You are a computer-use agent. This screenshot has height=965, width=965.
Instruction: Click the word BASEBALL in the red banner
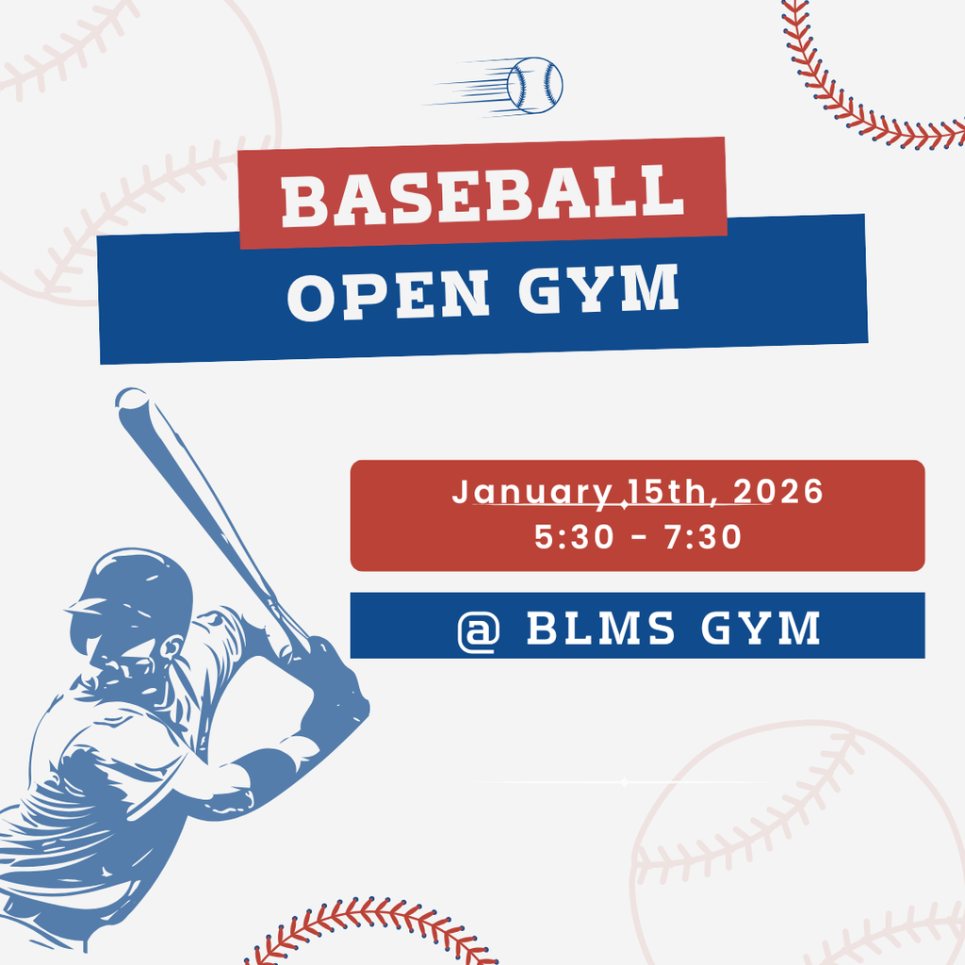483,196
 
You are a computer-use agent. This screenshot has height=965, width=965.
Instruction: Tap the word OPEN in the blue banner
388,295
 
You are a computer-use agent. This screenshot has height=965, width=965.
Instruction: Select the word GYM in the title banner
598,288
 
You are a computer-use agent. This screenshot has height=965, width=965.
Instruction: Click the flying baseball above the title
535,86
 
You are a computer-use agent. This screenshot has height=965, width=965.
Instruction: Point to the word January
532,493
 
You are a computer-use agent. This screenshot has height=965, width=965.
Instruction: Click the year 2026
777,491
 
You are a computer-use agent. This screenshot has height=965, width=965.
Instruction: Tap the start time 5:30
574,536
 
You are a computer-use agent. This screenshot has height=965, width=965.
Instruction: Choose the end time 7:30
703,536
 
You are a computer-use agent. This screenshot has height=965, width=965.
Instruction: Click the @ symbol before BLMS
478,630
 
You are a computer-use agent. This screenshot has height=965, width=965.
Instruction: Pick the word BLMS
600,628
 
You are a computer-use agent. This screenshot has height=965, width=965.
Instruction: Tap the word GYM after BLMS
761,628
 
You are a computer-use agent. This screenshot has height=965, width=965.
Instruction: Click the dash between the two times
640,537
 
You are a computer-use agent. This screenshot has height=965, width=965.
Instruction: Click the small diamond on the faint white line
624,782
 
